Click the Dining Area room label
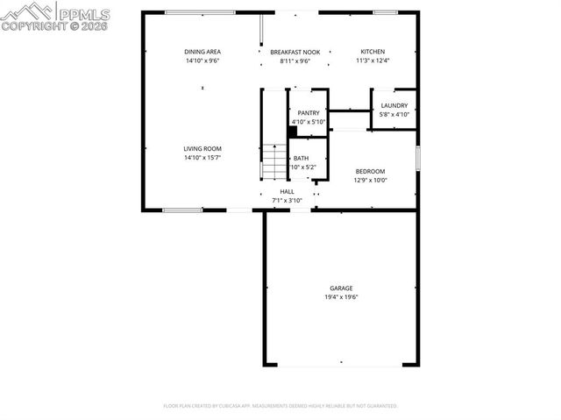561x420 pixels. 202,52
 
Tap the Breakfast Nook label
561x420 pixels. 295,52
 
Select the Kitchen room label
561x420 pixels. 373,52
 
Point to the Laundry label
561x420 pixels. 394,105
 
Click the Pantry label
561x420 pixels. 309,113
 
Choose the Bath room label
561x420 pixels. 301,159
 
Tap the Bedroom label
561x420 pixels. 370,171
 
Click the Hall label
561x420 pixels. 287,191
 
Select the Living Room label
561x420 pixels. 202,149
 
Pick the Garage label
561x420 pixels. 341,288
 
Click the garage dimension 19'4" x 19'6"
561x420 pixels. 341,297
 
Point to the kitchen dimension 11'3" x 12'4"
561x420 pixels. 373,61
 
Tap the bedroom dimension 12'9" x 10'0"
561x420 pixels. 370,180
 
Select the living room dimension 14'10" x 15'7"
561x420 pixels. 202,158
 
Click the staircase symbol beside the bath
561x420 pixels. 275,162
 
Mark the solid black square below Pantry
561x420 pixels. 293,132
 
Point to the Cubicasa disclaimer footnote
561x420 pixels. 280,406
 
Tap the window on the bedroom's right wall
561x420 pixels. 418,158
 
